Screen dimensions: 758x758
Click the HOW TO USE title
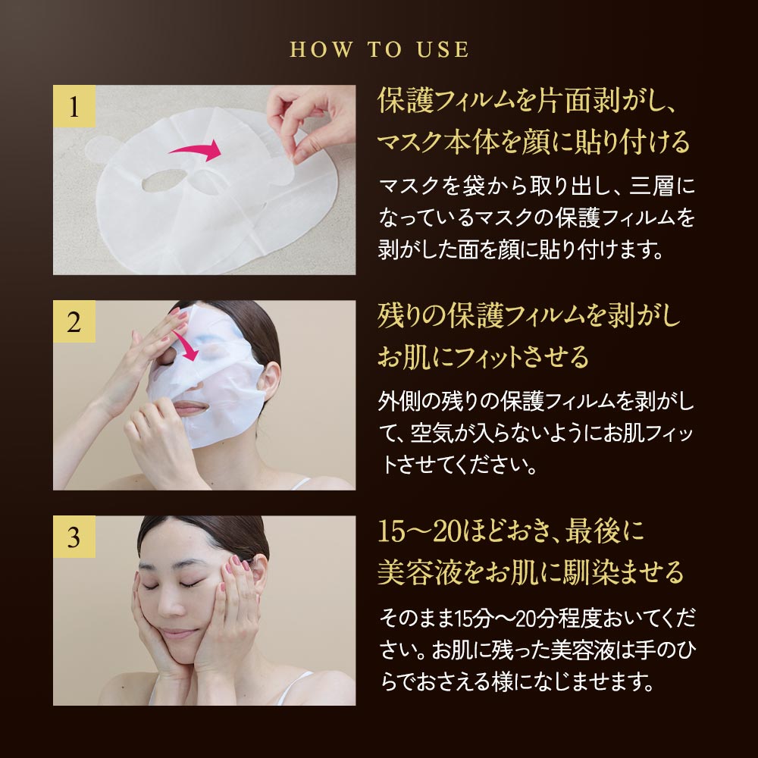[x=379, y=49]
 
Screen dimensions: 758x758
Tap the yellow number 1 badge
[x=74, y=106]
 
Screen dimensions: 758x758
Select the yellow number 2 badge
[x=74, y=321]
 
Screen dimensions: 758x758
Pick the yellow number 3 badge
[x=74, y=537]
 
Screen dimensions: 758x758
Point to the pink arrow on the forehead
[x=187, y=345]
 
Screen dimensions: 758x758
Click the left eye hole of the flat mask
[x=164, y=180]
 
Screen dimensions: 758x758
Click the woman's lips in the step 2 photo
[x=189, y=408]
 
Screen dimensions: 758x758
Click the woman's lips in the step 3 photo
[x=180, y=632]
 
